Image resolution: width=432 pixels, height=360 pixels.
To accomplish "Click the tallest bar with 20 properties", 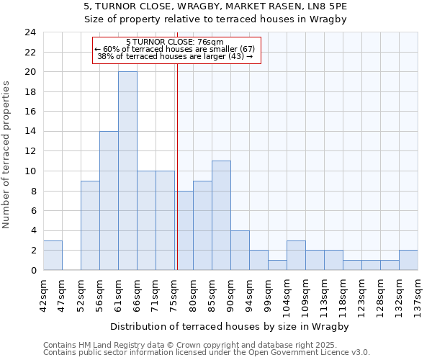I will pos(127,171).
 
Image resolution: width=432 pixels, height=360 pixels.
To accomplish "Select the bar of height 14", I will pos(109,200).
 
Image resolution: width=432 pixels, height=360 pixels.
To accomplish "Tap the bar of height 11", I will pos(221,215).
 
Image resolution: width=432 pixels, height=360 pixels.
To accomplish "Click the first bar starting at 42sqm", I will pos(53,256).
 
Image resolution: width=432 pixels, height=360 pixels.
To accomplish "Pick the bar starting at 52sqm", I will pos(90,225).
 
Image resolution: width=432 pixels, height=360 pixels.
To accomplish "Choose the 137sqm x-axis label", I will pos(418,293).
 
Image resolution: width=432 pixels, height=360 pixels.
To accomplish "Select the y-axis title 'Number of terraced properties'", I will pos(7,154).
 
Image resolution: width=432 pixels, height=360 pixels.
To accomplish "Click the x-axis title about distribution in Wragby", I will pos(230,326).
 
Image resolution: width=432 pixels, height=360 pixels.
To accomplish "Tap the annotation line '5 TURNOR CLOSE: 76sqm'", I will pos(175,42).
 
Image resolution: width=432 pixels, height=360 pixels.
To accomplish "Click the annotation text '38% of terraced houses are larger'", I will pos(175,56).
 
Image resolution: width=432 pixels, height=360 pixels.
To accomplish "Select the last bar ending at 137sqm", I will pos(408,260).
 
